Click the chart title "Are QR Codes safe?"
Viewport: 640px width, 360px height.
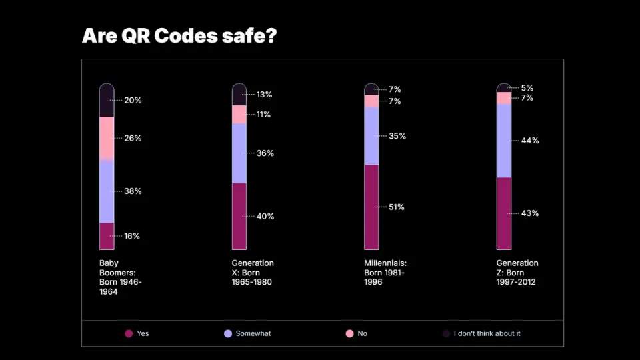(x=179, y=36)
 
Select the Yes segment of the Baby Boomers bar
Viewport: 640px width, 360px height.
(x=107, y=236)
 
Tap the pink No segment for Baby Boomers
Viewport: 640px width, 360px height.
(x=107, y=138)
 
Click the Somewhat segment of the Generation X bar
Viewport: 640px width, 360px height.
(x=239, y=153)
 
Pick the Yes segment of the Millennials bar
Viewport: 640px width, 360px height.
(x=371, y=207)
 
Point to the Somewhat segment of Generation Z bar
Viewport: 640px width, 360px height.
(x=504, y=141)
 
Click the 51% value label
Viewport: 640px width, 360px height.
(x=397, y=207)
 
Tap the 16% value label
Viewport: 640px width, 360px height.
(x=132, y=236)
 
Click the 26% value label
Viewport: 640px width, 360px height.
(x=133, y=139)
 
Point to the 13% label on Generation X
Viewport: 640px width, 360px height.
(x=264, y=95)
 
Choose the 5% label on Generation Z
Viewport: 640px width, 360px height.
(x=527, y=88)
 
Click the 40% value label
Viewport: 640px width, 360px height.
(x=265, y=217)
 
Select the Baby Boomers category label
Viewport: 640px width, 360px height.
(x=120, y=277)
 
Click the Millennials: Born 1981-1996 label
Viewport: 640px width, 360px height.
(x=385, y=273)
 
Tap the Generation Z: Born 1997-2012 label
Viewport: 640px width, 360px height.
(x=517, y=273)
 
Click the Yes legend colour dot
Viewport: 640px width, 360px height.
(x=129, y=333)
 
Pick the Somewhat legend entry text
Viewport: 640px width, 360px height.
(x=253, y=333)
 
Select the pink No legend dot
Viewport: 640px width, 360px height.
(x=349, y=333)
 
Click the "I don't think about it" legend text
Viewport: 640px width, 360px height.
(x=487, y=333)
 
